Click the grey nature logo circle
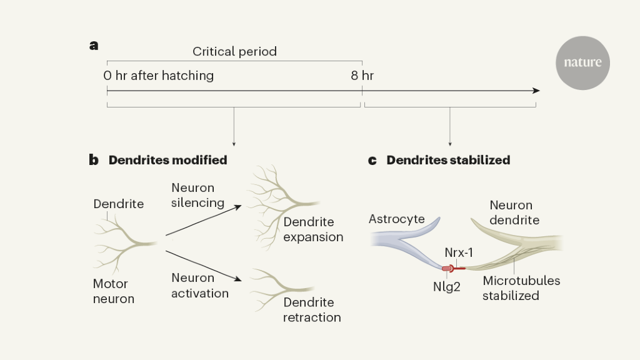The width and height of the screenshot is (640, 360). [582, 62]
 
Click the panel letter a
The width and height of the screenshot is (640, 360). [94, 45]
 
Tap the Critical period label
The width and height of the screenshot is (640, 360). [234, 52]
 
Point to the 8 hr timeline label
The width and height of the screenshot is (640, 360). [362, 76]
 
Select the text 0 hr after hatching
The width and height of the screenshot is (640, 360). [159, 76]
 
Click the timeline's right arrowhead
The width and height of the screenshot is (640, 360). [536, 91]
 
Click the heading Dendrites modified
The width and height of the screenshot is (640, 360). [167, 160]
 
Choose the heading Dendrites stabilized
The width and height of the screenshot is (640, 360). [448, 160]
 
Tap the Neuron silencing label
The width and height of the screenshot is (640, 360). [197, 195]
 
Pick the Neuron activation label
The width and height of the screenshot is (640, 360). [200, 285]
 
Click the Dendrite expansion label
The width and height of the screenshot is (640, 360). [313, 229]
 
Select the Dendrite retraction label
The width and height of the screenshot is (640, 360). [312, 309]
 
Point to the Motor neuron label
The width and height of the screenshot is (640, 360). [114, 291]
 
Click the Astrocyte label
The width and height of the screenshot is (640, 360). [397, 219]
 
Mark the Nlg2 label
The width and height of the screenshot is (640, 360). [447, 288]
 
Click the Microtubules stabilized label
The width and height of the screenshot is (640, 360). [521, 287]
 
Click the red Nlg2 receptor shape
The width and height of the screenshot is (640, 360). [448, 269]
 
